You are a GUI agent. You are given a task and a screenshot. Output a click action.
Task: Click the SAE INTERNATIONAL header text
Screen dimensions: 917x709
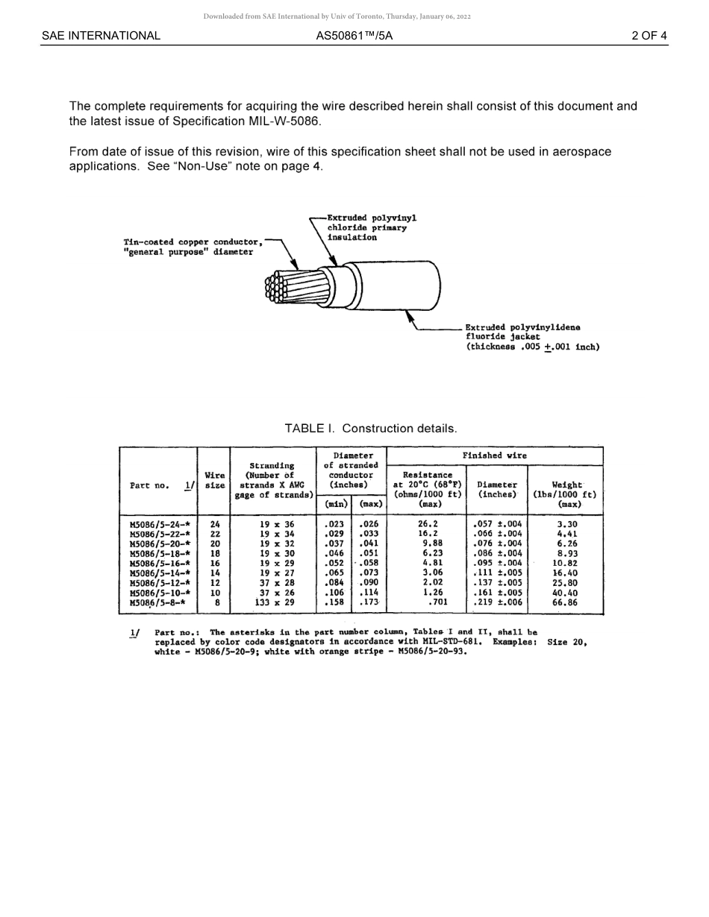click(x=101, y=36)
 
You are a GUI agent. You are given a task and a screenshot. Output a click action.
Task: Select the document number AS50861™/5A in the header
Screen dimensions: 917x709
click(x=354, y=36)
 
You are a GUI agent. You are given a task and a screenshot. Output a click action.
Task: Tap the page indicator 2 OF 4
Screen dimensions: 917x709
click(x=649, y=36)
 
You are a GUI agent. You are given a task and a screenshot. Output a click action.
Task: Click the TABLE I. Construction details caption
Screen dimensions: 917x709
click(x=370, y=429)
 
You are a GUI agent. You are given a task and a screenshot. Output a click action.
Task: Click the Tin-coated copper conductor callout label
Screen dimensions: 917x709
click(x=193, y=247)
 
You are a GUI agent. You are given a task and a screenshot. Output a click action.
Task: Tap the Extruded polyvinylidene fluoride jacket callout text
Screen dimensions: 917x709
click(x=531, y=337)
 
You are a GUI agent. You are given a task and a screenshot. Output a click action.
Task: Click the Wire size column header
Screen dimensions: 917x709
click(x=215, y=480)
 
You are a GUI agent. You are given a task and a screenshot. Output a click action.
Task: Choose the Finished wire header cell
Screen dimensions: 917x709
click(x=494, y=456)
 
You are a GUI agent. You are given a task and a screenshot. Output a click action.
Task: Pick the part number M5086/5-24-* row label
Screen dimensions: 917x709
click(x=160, y=524)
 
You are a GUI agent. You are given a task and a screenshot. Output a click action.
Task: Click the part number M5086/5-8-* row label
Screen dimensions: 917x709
click(x=157, y=602)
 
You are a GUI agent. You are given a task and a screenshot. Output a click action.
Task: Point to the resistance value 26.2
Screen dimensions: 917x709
click(x=428, y=524)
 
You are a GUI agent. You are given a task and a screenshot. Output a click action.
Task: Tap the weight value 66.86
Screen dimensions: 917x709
click(x=565, y=602)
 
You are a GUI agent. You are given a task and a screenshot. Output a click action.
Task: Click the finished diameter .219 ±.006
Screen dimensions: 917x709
click(x=497, y=602)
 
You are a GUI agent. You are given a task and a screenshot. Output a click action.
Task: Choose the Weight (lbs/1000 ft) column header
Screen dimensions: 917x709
click(x=565, y=489)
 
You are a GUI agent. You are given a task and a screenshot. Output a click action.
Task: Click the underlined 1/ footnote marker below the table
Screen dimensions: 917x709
click(x=134, y=633)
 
